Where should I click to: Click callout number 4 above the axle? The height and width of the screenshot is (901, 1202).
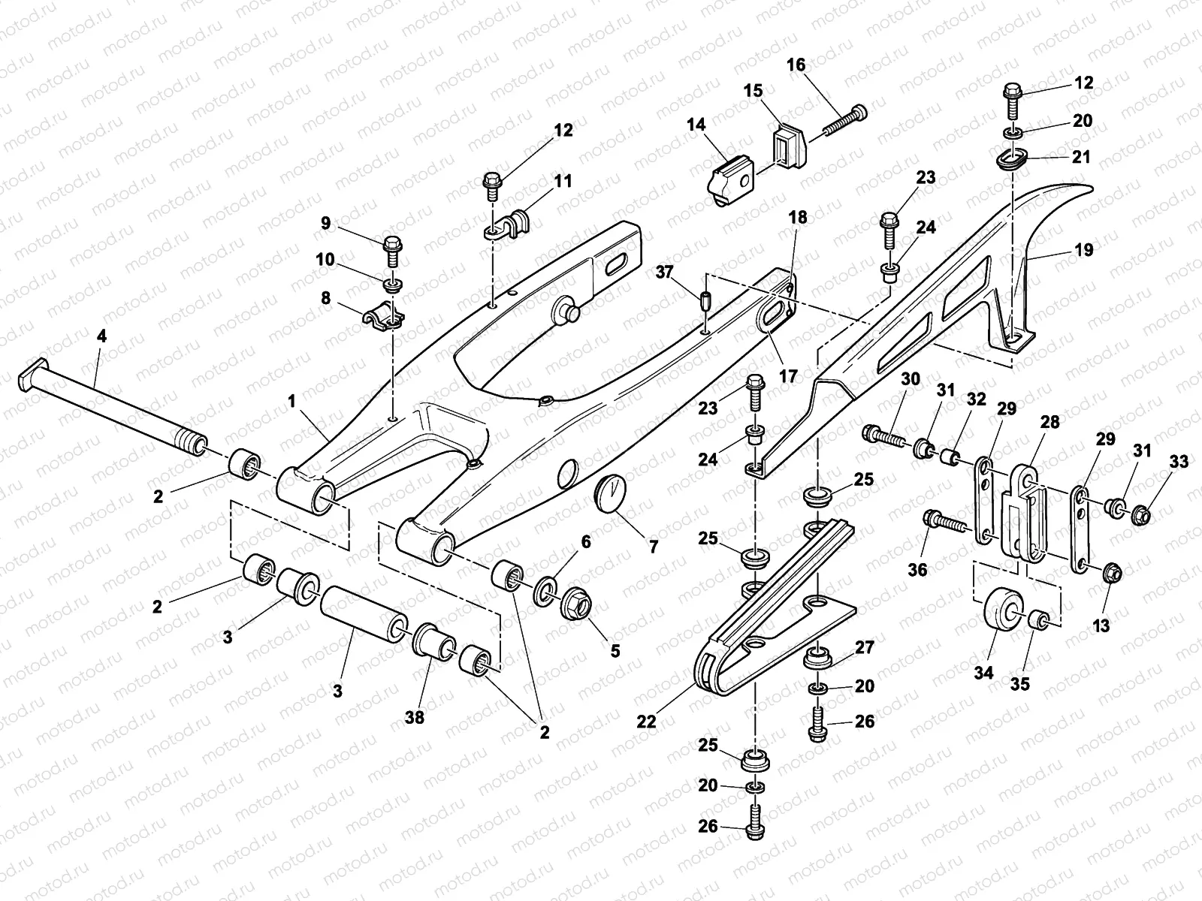pos(101,336)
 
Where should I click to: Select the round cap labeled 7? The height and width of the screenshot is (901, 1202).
pos(611,497)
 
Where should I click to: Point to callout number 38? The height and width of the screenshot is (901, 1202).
pos(415,717)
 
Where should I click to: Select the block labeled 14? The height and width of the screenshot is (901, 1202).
pos(728,179)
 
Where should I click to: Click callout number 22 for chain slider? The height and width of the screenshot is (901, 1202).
pos(646,722)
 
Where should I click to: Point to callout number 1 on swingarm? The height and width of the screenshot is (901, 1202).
pos(291,402)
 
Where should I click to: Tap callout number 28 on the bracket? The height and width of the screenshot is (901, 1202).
pos(1049,422)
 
